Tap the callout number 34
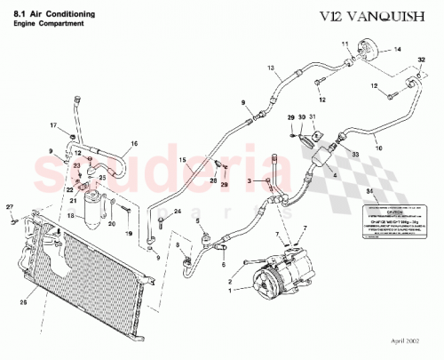click(369, 191)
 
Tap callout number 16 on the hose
click(134, 142)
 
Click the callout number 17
click(52, 124)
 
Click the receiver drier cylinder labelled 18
click(92, 205)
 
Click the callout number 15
click(184, 161)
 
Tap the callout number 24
click(177, 210)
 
